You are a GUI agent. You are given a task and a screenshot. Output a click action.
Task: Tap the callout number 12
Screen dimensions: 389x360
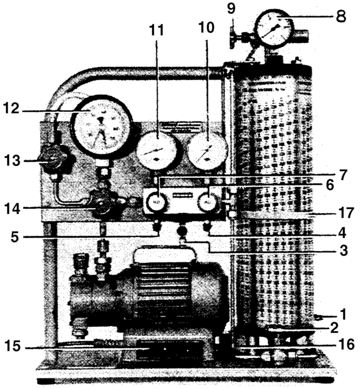(x=11, y=108)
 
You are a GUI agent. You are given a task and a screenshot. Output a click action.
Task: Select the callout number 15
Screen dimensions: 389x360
(x=13, y=346)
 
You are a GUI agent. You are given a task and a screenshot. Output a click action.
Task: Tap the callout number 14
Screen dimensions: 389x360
(x=12, y=209)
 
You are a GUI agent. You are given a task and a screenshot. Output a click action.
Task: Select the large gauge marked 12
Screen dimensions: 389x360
(x=101, y=126)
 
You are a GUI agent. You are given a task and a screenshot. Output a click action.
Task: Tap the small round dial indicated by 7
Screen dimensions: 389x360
(x=158, y=202)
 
